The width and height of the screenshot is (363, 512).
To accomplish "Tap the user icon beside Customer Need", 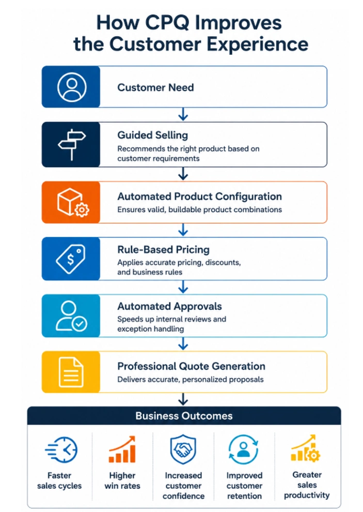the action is click(72, 87).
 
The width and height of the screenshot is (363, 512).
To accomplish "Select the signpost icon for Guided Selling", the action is click(72, 145).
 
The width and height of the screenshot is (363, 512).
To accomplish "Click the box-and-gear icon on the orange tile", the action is click(73, 202).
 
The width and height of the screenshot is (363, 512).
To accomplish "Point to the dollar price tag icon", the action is click(71, 259).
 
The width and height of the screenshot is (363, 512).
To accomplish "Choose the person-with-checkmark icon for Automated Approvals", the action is click(71, 316).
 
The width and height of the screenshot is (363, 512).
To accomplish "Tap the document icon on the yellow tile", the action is click(71, 372).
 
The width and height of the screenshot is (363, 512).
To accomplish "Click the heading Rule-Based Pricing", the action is click(163, 250).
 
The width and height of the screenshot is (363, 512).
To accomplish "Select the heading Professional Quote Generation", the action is click(191, 366).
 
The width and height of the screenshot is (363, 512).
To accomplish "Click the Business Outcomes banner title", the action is click(184, 416).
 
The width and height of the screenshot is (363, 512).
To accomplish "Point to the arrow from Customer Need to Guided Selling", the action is click(183, 114).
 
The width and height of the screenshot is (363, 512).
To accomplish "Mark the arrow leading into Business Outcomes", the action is click(183, 399).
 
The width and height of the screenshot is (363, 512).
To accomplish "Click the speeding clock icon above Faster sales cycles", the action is click(61, 449).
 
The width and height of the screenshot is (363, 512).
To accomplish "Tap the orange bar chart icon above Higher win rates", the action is click(122, 449).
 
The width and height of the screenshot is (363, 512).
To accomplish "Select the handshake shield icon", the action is click(183, 449).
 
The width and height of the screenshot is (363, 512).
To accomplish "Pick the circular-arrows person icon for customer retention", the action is click(244, 449).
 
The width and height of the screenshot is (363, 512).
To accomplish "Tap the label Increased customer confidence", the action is click(183, 486).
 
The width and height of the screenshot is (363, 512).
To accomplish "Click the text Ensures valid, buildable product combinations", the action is click(200, 209).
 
